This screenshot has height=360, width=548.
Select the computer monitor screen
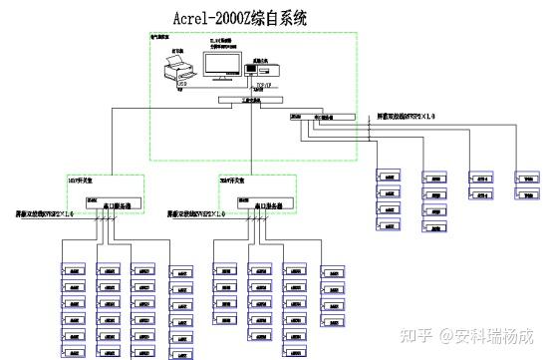[221, 64]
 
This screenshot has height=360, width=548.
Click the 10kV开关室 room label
[79, 181]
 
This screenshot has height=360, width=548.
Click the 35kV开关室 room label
[233, 181]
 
